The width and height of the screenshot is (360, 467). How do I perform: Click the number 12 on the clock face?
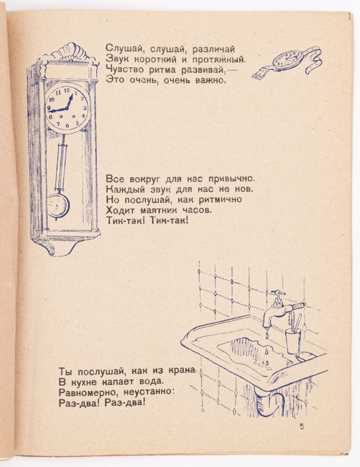67,90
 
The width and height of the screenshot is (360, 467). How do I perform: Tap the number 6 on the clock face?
67,126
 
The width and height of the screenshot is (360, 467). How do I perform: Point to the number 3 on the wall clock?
85,108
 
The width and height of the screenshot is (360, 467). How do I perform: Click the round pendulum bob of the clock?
58,205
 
